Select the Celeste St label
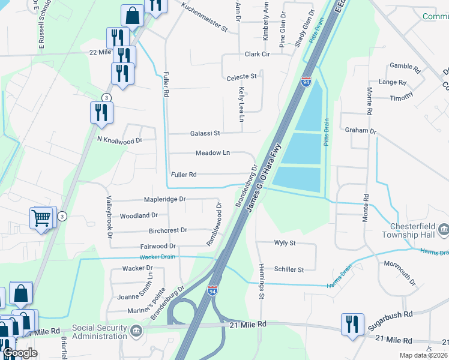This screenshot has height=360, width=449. (241, 77)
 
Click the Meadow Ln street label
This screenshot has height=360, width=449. (212, 153)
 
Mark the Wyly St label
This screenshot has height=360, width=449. (285, 243)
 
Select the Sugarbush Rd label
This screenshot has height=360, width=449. (390, 314)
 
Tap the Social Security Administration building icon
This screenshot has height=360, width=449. (136, 329)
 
